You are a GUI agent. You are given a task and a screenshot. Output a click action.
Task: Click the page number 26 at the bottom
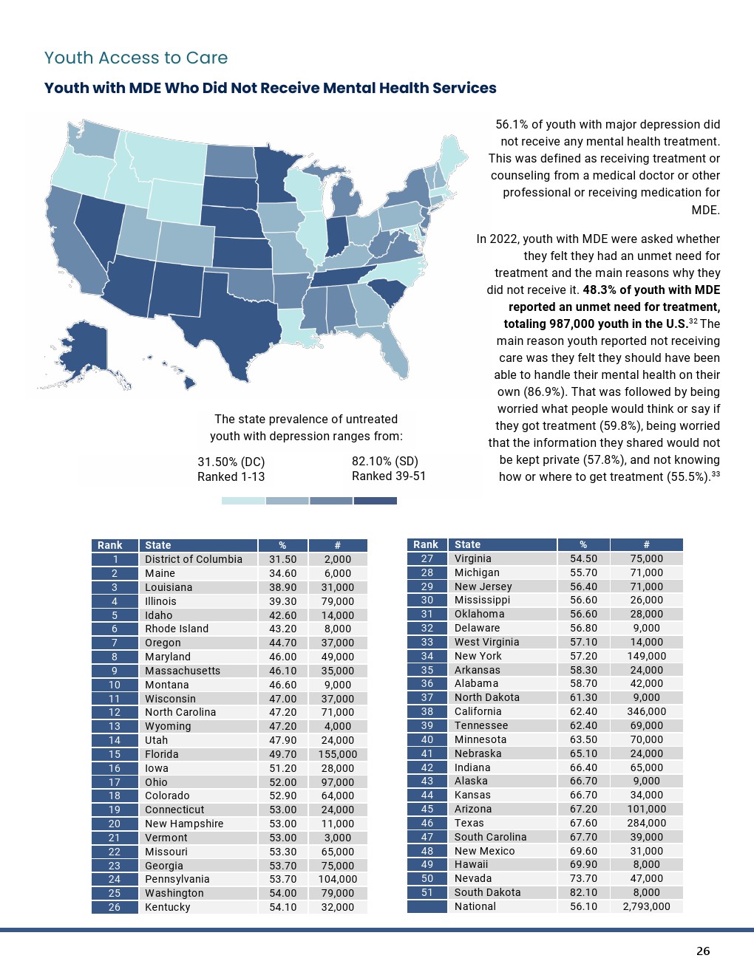pos(702,951)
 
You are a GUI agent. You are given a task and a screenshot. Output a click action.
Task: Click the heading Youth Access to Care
pos(136,58)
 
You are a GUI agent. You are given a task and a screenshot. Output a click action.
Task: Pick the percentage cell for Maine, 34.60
pos(282,573)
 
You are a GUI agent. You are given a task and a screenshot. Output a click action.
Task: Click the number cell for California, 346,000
pos(646,711)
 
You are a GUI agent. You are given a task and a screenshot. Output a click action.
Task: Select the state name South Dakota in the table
pos(487,892)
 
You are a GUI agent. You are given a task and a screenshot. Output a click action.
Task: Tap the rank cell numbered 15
pos(115,754)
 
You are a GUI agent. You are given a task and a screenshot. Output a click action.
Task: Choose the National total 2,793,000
pos(646,906)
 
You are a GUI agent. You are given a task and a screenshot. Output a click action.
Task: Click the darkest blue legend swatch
pos(375,501)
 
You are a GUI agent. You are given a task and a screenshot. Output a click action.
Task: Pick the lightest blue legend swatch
pos(243,501)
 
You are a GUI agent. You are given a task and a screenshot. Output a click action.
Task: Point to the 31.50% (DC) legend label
pos(231,462)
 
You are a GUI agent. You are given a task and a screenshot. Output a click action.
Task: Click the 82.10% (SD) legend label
pos(384,461)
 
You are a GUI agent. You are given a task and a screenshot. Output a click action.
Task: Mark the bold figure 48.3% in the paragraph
pos(600,290)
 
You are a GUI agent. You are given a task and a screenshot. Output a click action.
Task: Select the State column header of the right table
pos(467,544)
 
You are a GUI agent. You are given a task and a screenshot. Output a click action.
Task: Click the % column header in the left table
pos(282,545)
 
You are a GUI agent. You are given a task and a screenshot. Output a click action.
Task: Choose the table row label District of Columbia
pos(193,559)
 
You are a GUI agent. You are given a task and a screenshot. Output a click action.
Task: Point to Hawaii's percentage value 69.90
pos(583,864)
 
